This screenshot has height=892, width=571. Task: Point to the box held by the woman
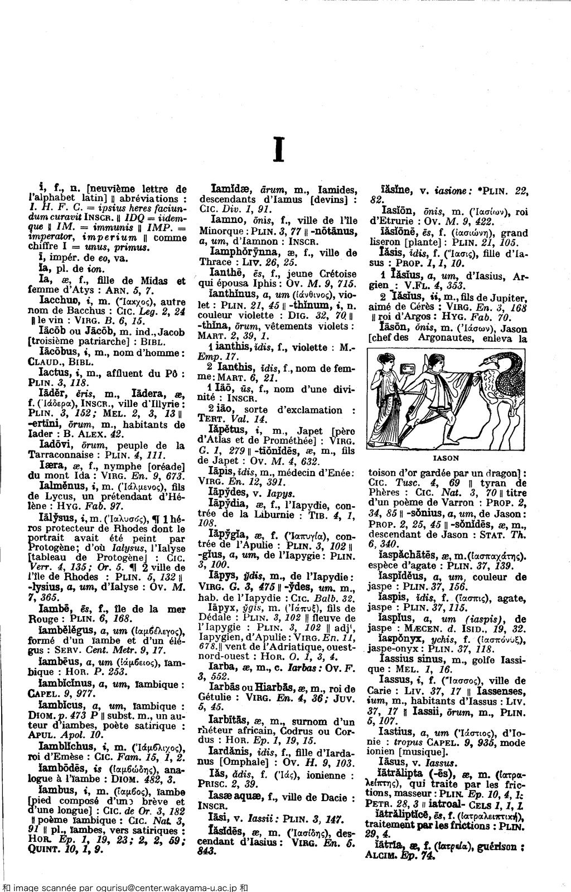click(x=413, y=369)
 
